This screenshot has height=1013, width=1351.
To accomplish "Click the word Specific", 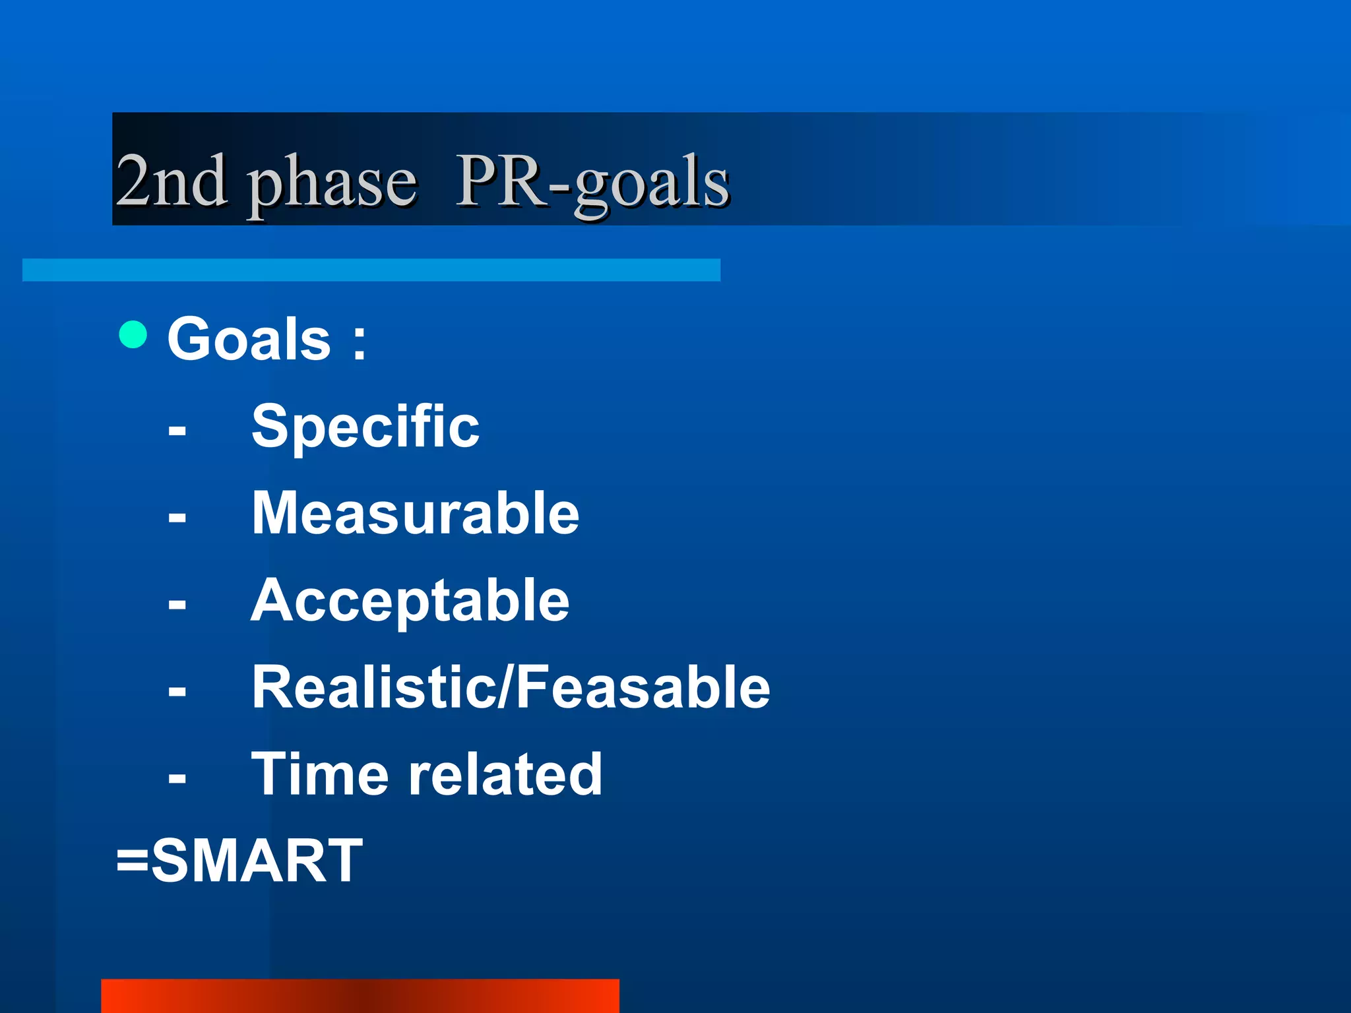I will pyautogui.click(x=365, y=427).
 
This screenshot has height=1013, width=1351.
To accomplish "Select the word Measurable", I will pyautogui.click(x=416, y=514).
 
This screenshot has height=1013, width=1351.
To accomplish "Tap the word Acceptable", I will pyautogui.click(x=410, y=601).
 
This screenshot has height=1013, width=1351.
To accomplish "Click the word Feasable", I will pyautogui.click(x=643, y=688).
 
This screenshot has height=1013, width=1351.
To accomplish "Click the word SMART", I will pyautogui.click(x=257, y=861).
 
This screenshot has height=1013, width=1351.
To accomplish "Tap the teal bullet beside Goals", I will pyautogui.click(x=133, y=334).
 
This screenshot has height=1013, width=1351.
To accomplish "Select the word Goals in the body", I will pyautogui.click(x=249, y=339).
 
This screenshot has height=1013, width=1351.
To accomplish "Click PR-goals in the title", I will pyautogui.click(x=592, y=181).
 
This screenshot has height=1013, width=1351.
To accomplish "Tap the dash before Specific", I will pyautogui.click(x=177, y=431).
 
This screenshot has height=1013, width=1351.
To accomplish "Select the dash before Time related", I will pyautogui.click(x=177, y=779).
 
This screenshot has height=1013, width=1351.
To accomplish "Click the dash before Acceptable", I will pyautogui.click(x=177, y=605).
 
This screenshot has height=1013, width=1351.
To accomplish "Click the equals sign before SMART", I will pyautogui.click(x=132, y=861).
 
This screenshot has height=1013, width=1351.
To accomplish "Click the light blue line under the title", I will pyautogui.click(x=371, y=270).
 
